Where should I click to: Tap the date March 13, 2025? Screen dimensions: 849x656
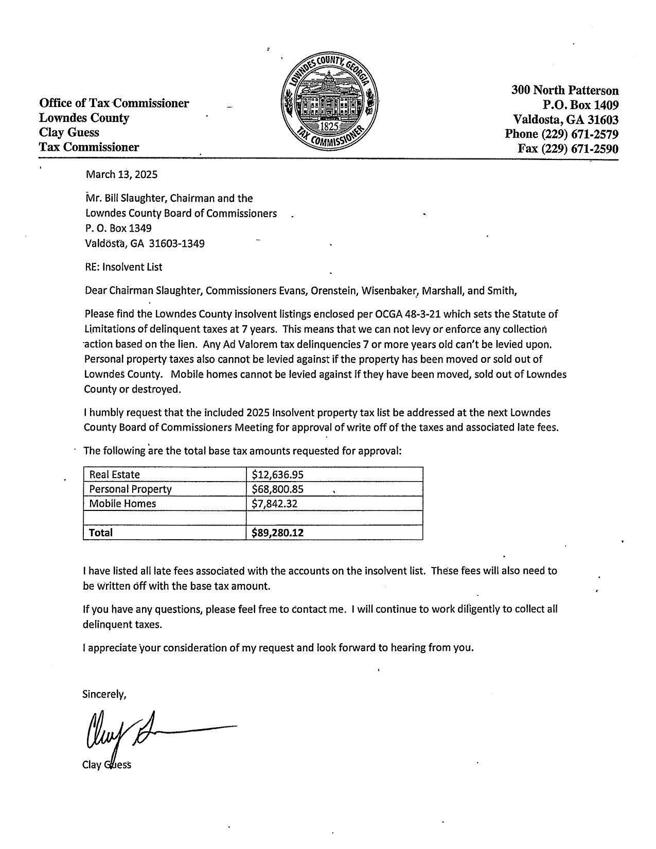121,174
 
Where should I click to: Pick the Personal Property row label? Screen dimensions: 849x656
130,489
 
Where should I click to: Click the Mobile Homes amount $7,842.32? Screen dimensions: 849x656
274,503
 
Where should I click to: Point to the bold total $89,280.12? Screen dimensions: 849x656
277,533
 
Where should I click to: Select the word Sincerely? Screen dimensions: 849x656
104,694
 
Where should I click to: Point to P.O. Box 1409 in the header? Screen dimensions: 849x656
580,105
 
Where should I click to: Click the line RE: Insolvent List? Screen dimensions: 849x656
123,267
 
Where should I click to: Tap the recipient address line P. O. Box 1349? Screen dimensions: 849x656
118,228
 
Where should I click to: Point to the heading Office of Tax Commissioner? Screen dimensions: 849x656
114,103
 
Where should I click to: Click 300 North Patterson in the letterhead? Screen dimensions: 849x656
564,91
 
